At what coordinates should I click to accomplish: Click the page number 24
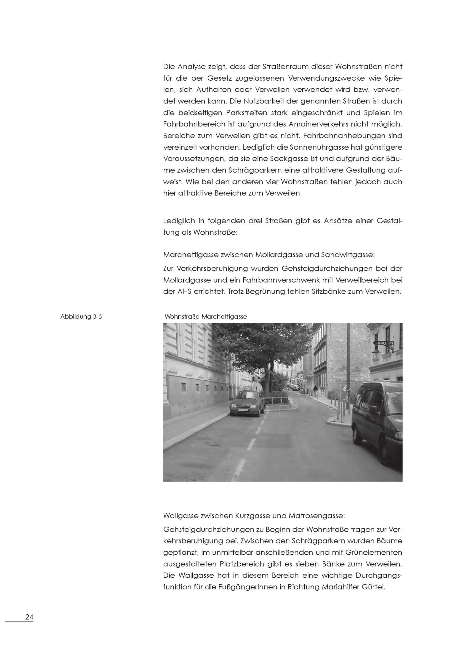(x=29, y=617)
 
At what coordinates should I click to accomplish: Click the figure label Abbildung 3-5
(x=81, y=317)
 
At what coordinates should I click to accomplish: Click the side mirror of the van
(x=373, y=410)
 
